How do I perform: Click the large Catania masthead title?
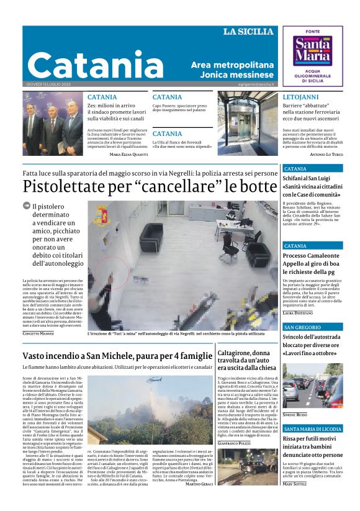96,64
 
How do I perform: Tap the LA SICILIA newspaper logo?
248,32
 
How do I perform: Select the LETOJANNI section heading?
300,97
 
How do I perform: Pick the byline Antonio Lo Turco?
326,154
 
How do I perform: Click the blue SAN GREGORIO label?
302,327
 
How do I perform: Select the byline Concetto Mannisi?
38,334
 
